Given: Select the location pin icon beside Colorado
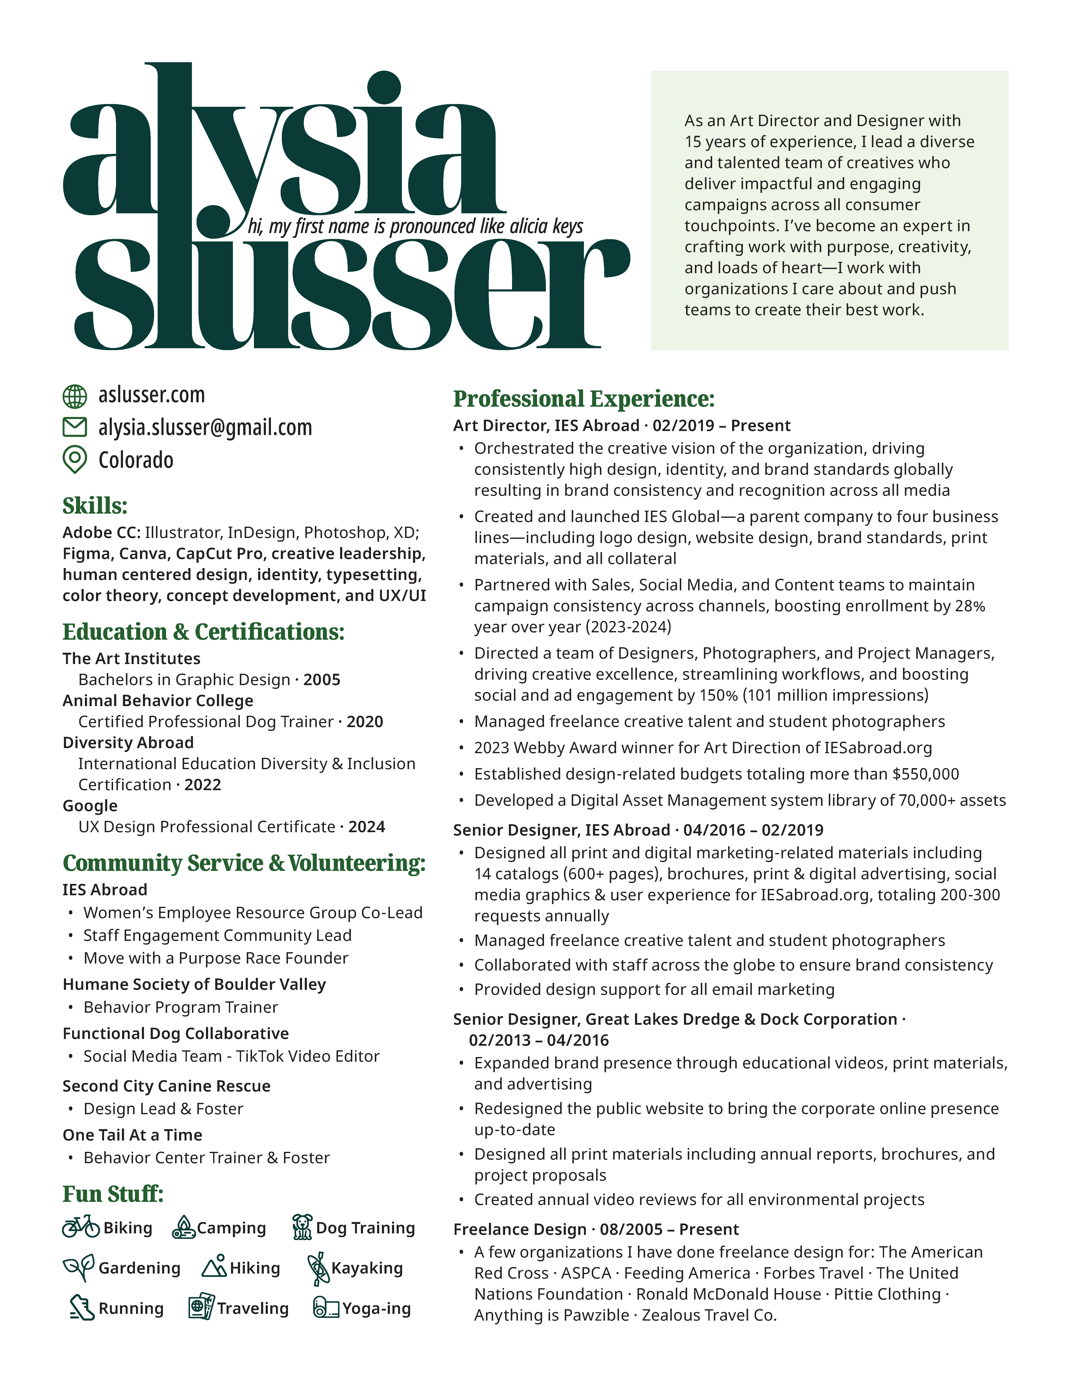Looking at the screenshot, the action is click(x=74, y=459).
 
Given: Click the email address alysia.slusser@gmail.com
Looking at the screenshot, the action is click(x=205, y=427).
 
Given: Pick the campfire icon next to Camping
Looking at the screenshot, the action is click(x=184, y=1227).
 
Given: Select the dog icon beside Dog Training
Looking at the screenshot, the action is click(x=302, y=1227).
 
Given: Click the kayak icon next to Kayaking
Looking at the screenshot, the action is click(x=318, y=1268).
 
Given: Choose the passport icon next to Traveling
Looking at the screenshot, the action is click(x=201, y=1308).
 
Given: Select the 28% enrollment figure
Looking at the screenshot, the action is click(x=970, y=606).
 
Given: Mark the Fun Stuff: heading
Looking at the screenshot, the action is click(x=112, y=1194).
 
